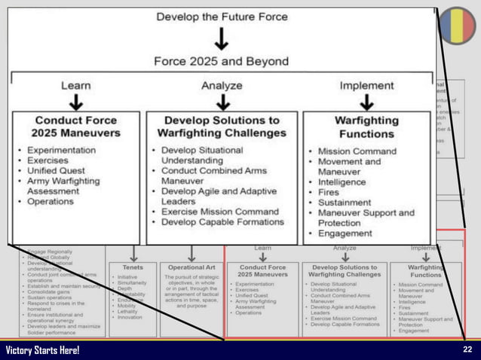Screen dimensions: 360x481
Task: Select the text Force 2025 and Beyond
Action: point(221,61)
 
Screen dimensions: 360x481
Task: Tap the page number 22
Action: point(468,350)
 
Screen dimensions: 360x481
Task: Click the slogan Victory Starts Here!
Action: point(42,351)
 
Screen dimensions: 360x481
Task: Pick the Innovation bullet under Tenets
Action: point(130,317)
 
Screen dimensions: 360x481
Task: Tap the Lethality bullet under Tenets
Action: point(129,310)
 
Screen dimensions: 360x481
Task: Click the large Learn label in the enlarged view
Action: point(76,86)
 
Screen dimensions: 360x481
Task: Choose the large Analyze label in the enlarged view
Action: point(221,86)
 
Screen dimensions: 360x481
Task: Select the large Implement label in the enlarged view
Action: point(366,86)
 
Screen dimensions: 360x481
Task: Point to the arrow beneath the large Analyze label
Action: point(221,102)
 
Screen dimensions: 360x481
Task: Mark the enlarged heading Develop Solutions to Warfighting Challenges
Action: point(222,127)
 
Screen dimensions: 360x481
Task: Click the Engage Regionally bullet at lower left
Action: point(51,250)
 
